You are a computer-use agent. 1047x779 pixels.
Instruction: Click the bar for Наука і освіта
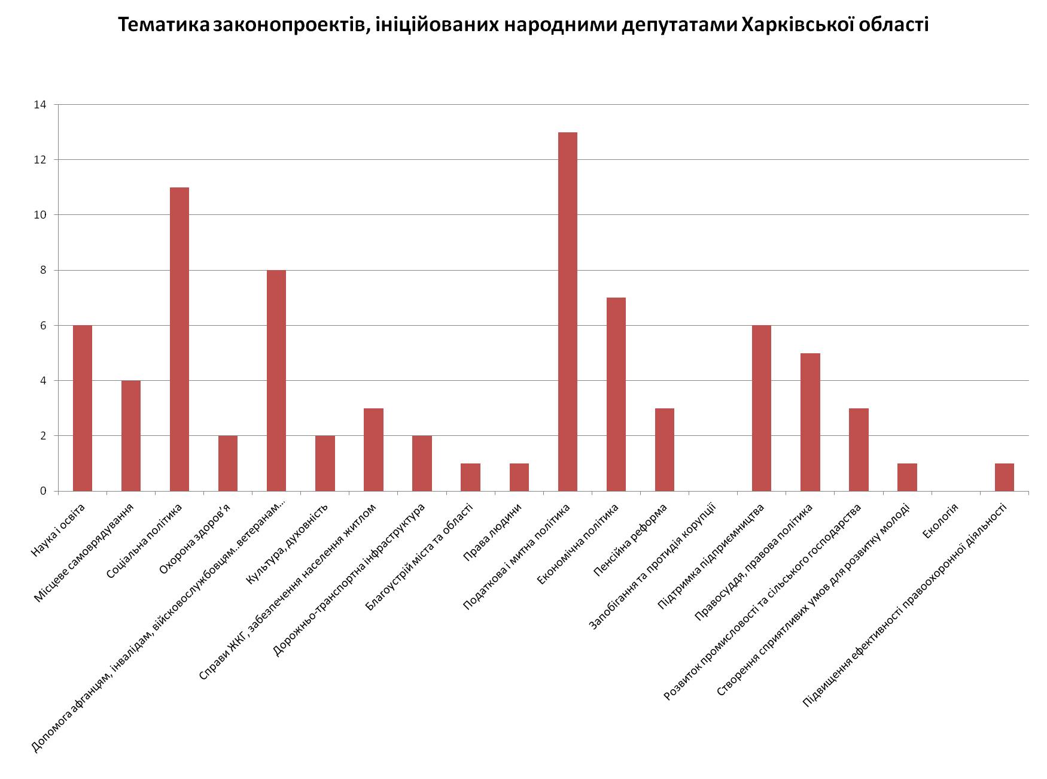[x=83, y=408]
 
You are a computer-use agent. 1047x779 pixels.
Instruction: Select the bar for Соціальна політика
[x=179, y=339]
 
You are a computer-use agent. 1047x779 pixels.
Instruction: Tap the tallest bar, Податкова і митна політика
[x=567, y=311]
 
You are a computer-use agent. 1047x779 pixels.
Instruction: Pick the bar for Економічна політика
[x=616, y=394]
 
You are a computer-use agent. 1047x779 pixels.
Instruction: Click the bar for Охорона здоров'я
[x=228, y=463]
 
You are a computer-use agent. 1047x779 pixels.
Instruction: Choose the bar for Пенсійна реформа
[x=664, y=449]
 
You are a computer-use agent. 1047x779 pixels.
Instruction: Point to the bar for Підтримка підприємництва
[x=761, y=408]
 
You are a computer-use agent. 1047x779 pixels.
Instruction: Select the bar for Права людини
[x=519, y=477]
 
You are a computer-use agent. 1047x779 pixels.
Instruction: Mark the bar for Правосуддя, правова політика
[x=810, y=422]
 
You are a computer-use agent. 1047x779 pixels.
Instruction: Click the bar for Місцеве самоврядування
[x=131, y=435]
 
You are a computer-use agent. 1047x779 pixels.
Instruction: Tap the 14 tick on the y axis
[x=40, y=105]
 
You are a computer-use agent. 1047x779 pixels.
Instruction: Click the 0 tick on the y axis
[x=43, y=491]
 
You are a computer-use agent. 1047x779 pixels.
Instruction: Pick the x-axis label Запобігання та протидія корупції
[x=652, y=566]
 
